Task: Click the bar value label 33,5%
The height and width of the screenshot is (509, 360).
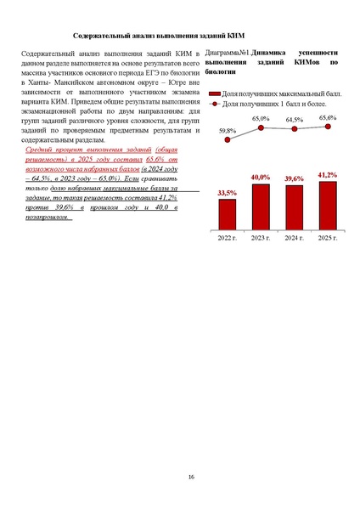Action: tap(228, 194)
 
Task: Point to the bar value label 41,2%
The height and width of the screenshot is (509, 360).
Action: tap(328, 174)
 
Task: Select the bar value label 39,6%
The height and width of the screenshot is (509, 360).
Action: tap(294, 178)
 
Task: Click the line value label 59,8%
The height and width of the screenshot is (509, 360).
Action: tap(228, 131)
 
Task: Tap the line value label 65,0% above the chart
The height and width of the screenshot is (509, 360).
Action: tap(261, 119)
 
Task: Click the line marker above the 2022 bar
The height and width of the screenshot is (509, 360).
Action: tap(227, 139)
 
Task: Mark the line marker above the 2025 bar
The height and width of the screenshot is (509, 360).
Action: tap(327, 127)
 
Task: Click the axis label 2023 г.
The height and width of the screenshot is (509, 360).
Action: tap(261, 239)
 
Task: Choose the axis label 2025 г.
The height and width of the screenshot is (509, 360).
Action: tap(327, 239)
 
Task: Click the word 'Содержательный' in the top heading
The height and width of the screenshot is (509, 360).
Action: tap(105, 37)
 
